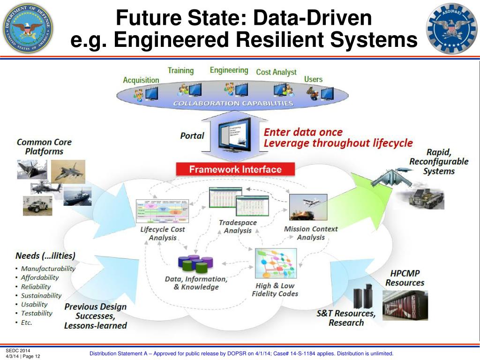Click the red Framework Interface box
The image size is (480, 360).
[235, 169]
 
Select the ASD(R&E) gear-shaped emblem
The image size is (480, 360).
[451, 28]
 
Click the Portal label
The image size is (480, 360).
[192, 135]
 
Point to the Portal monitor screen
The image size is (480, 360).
[235, 134]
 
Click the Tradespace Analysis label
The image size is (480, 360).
[238, 226]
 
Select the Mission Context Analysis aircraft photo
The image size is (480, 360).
[305, 207]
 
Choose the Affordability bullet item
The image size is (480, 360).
[40, 277]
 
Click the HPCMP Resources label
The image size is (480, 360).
[405, 278]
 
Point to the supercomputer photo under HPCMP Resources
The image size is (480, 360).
[405, 304]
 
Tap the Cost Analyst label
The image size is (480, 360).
[276, 72]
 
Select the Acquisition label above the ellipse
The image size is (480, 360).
[141, 80]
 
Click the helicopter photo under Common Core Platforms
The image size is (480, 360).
[46, 187]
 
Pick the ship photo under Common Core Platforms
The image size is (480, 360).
[78, 196]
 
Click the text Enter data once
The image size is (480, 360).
[303, 132]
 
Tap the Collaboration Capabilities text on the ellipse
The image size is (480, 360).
[233, 103]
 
